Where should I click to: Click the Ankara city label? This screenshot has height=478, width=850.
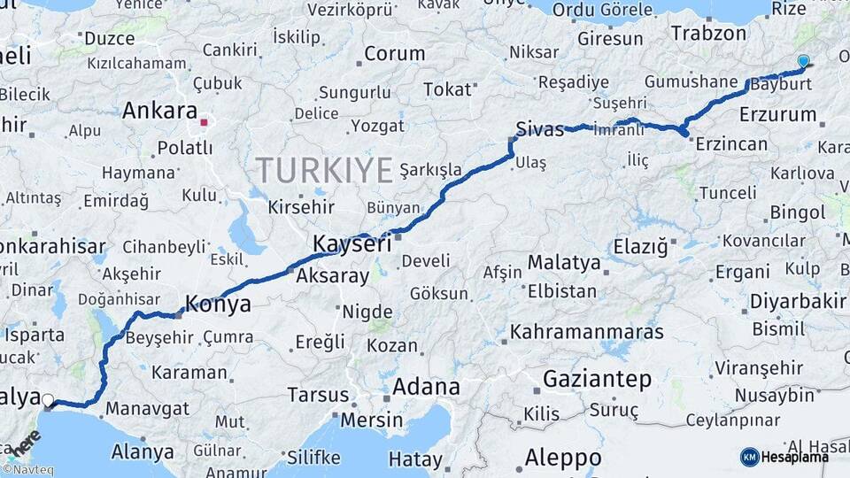tap(159, 112)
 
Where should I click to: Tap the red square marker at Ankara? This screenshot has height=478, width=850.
tap(205, 123)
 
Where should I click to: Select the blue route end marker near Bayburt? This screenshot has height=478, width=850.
tap(803, 61)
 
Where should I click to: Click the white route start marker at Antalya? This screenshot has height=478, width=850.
tap(48, 400)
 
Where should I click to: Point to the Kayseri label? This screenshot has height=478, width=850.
tap(352, 243)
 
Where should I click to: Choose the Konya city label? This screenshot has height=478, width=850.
tap(217, 305)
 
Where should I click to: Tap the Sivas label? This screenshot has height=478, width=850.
tap(540, 130)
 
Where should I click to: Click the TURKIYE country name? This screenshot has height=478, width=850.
tap(323, 169)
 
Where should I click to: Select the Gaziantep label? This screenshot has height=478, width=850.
tap(597, 380)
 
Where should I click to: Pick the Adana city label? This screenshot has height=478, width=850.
tap(426, 387)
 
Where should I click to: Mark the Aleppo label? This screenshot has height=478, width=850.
tap(562, 459)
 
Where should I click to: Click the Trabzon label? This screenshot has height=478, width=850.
tap(709, 34)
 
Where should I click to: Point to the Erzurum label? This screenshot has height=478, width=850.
tap(777, 115)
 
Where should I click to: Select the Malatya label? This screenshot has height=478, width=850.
tap(563, 263)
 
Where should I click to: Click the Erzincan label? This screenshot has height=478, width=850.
tap(730, 143)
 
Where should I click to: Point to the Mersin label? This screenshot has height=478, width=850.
tap(371, 419)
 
